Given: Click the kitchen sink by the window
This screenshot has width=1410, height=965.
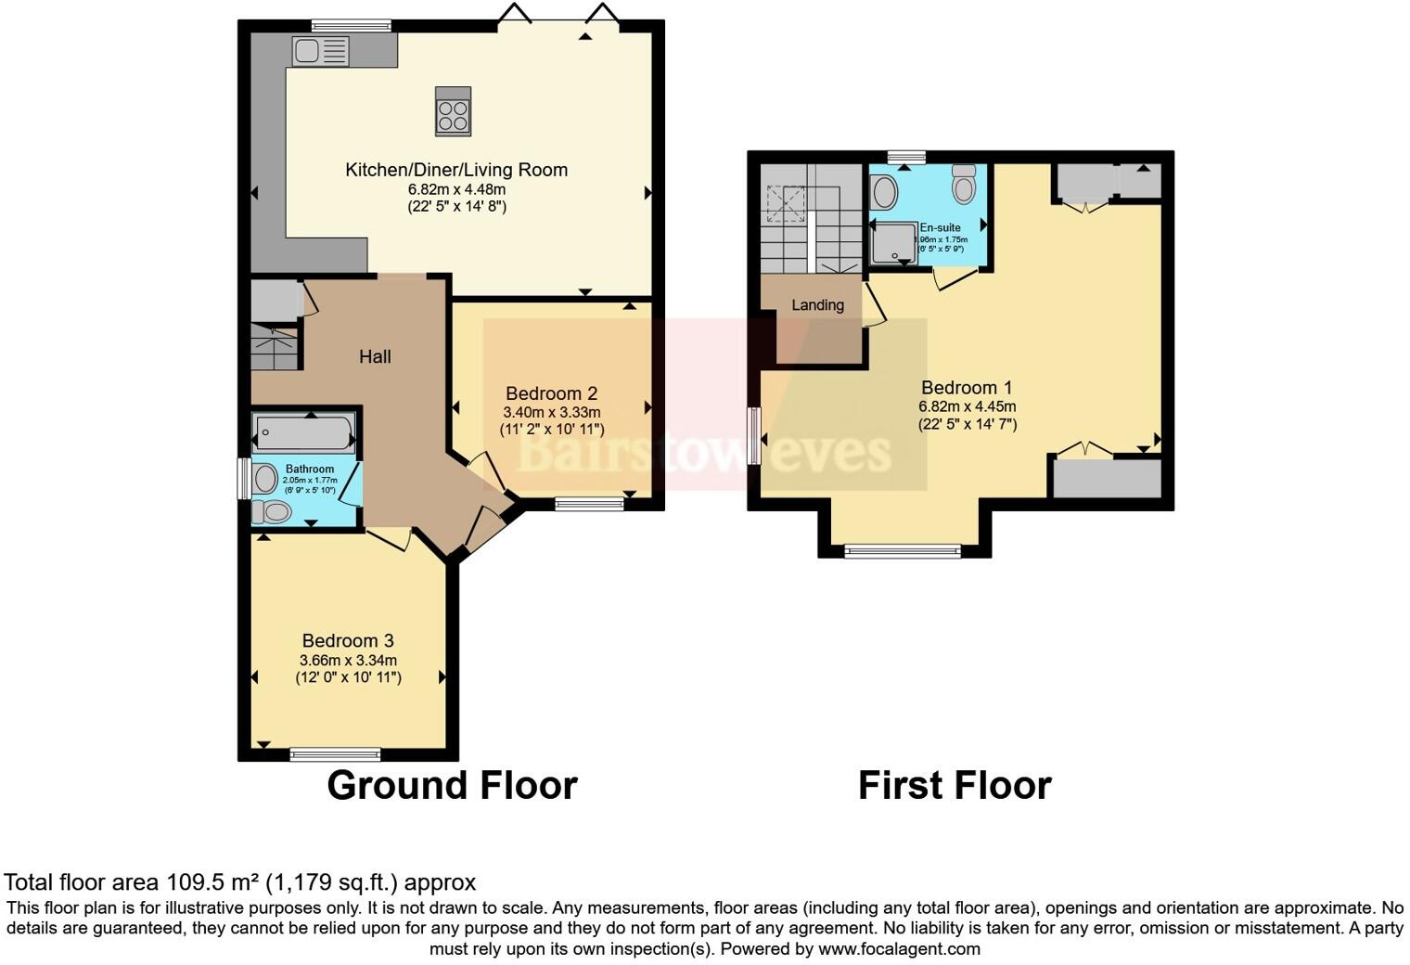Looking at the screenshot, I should [x=320, y=50].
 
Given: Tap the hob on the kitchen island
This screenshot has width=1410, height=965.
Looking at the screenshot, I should [x=453, y=111].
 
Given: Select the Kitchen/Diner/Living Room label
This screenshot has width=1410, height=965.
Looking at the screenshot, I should [x=456, y=170].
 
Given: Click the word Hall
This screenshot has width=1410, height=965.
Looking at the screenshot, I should [x=375, y=356].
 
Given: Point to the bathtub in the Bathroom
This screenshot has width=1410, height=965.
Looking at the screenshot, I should [x=304, y=432].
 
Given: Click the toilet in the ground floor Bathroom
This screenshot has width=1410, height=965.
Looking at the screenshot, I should [x=272, y=511].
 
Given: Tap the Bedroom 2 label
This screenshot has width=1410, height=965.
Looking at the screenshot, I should [x=551, y=393].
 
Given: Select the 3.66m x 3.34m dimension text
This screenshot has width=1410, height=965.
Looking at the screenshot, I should [x=348, y=661].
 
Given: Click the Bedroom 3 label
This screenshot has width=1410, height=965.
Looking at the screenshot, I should [x=348, y=640].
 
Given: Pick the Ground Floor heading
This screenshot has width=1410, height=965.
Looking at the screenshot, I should [x=452, y=785].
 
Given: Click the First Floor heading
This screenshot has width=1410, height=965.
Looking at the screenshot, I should [x=954, y=785].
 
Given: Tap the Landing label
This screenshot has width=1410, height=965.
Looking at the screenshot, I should [x=817, y=305].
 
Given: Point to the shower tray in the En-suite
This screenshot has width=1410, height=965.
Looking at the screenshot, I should [x=892, y=242].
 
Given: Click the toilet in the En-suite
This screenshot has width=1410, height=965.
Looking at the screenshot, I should [x=964, y=186].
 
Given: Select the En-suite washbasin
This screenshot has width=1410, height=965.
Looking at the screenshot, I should [x=884, y=193].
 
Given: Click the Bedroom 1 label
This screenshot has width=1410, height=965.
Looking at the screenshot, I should [x=967, y=388].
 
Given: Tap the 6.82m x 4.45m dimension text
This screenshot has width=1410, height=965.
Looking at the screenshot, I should [x=967, y=406].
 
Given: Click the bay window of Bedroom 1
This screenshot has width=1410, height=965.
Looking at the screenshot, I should [x=903, y=552].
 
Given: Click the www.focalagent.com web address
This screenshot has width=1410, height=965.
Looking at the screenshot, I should [x=899, y=949].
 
